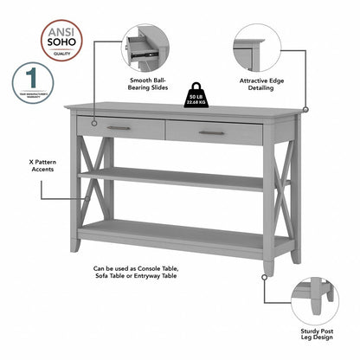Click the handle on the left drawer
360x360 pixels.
coord(119,128)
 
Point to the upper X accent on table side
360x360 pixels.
coord(86,159)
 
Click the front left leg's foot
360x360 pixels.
coord(76,246)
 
